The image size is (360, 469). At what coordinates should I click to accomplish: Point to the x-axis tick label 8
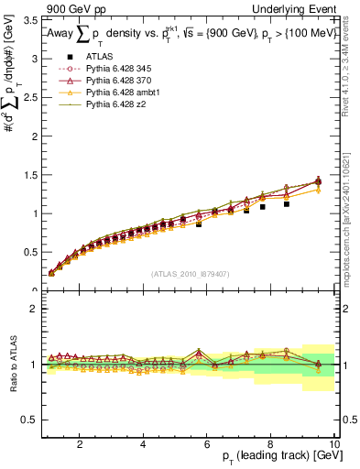(271, 444)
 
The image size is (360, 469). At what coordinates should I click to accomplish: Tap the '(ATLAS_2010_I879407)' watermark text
(190, 274)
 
